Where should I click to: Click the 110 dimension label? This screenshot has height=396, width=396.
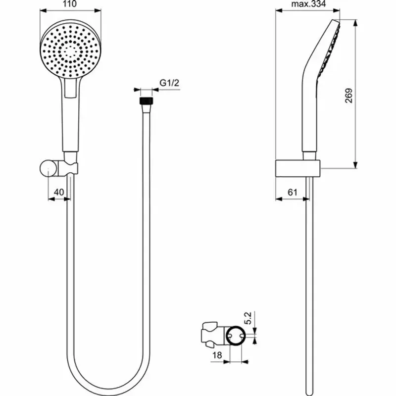pyautogui.click(x=70, y=4)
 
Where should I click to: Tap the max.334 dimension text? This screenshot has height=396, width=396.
pyautogui.click(x=308, y=4)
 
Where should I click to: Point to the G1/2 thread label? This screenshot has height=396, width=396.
pyautogui.click(x=169, y=84)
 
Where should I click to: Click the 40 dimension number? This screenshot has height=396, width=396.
pyautogui.click(x=58, y=192)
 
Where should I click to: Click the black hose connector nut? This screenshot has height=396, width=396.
pyautogui.click(x=146, y=100)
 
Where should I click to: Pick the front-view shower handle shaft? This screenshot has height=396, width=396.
pyautogui.click(x=70, y=124)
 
